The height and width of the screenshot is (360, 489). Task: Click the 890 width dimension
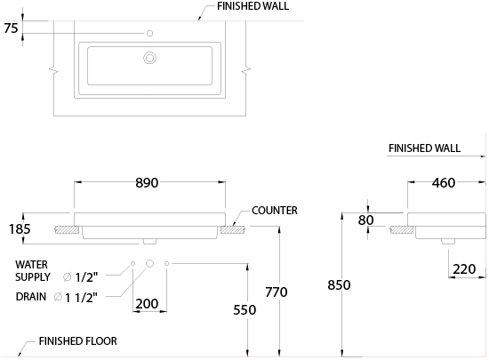coord(147,182)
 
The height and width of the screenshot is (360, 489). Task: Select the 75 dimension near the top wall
coord(11,28)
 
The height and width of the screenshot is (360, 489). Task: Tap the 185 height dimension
coord(20,229)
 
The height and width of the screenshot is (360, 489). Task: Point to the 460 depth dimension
coord(444,182)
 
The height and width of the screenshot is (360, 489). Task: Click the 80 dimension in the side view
coord(365,220)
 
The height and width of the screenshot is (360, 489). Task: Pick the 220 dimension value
coord(464,269)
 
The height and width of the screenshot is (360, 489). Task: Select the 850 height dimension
coord(339,284)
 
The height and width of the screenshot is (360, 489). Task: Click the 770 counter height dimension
coord(277,292)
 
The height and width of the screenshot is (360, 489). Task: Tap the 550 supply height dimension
coord(244,310)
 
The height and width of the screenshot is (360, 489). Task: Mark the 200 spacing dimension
coord(147,304)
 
